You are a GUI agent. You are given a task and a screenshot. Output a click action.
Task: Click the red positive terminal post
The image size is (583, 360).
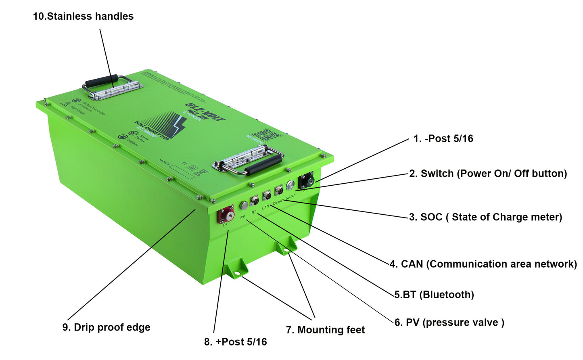point(226,214)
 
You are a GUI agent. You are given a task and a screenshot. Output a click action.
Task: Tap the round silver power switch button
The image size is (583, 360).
point(290,186)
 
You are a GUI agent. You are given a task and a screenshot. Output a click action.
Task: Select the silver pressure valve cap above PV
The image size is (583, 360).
point(244,205)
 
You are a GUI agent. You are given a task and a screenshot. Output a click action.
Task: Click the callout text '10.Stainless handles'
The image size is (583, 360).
point(83,17)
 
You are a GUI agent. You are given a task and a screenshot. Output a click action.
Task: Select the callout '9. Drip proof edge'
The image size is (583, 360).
point(107,327)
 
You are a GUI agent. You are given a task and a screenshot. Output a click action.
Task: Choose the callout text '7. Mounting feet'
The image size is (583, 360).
point(325,330)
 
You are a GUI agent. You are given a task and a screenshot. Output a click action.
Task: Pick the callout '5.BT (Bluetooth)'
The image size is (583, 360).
point(434,295)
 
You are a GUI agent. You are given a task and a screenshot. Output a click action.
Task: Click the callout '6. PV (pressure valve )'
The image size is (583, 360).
point(449,322)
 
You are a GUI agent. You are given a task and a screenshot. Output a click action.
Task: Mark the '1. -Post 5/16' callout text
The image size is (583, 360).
point(443,139)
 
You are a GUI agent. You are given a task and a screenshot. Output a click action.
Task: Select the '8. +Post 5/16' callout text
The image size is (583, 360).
point(235,342)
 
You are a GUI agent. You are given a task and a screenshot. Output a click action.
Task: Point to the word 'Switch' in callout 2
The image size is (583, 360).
point(437,174)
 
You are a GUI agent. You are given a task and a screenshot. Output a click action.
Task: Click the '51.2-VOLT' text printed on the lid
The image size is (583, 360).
point(205,112)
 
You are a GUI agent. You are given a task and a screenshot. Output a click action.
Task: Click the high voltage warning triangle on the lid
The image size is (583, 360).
point(65,104)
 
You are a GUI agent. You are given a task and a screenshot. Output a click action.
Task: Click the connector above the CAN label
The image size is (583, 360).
point(267,195)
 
